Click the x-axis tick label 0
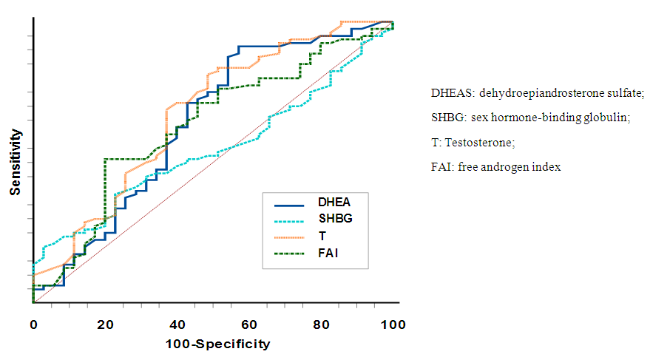click(33, 325)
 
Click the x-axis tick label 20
click(105, 325)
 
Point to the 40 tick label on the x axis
click(177, 325)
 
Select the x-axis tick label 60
click(249, 325)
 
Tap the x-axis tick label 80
click(321, 325)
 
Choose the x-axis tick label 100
click(393, 325)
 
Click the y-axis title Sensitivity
click(15, 163)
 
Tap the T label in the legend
click(322, 237)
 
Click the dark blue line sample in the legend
click(290, 203)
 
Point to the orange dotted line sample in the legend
click(290, 237)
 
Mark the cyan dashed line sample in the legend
click(290, 220)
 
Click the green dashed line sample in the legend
click(290, 254)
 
